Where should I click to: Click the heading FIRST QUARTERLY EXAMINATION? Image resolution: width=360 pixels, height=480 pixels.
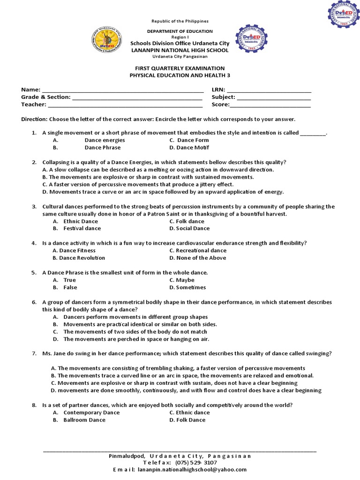[180, 68]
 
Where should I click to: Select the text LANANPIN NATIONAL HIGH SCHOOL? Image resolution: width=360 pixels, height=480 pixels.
[180, 50]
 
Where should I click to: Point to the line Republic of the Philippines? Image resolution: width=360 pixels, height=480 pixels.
[180, 22]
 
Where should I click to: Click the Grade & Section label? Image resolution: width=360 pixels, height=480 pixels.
[45, 97]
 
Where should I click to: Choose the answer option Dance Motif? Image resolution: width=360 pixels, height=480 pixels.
[189, 148]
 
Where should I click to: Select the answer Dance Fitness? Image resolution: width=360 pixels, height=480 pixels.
[74, 250]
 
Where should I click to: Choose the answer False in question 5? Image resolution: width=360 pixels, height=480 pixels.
[70, 287]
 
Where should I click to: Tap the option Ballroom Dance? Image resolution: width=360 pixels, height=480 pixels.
[84, 420]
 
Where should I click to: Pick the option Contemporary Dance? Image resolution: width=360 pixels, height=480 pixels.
[91, 412]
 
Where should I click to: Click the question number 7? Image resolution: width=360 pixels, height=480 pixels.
[34, 353]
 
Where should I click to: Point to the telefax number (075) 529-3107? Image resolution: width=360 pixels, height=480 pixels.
[196, 462]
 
